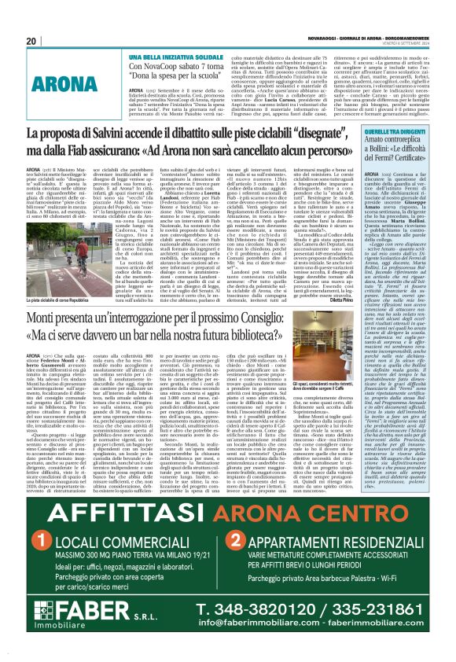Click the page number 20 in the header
[32, 41]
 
